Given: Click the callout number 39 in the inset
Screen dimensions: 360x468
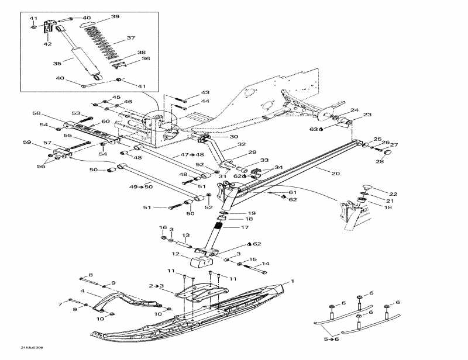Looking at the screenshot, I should point(115,16).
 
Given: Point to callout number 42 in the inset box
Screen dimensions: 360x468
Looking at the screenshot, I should point(47,44).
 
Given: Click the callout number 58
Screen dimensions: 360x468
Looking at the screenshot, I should point(36,113).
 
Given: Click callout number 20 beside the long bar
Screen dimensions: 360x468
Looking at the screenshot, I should point(335,173).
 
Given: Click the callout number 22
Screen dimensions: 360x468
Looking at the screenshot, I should point(393,193).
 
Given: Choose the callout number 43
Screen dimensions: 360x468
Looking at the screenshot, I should point(205,93).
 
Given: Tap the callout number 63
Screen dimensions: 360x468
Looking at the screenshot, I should point(314,129).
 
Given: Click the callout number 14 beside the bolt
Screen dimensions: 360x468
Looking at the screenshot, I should point(265,264).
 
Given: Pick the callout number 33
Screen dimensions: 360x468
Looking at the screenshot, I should point(264,160).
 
